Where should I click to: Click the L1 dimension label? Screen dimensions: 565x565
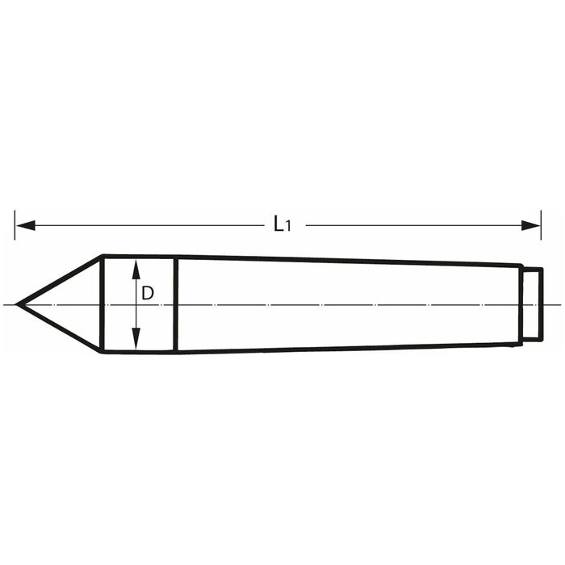coord(282,224)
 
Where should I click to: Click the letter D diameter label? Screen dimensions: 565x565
coord(148,293)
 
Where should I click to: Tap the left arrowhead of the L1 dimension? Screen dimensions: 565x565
coord(26,225)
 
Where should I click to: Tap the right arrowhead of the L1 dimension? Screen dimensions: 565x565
coord(531,225)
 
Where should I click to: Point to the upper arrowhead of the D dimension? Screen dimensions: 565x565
coord(136,270)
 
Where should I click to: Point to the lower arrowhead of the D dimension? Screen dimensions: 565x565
coord(136,339)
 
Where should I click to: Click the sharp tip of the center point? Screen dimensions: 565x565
coord(16,304)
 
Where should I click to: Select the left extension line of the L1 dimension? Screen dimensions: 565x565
coord(15,225)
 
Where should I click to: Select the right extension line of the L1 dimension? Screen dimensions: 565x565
coord(541,225)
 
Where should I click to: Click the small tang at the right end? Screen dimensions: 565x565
coord(533,304)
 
